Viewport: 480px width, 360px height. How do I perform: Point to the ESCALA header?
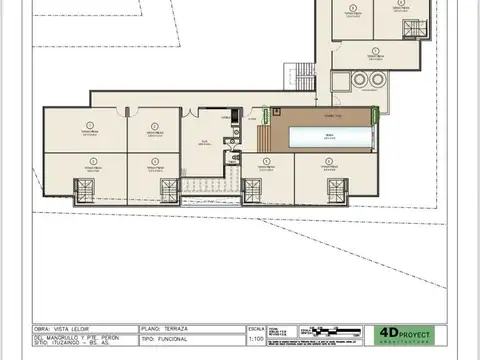coord(256,327)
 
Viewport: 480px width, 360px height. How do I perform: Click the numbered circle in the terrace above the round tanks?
coord(375,49)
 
